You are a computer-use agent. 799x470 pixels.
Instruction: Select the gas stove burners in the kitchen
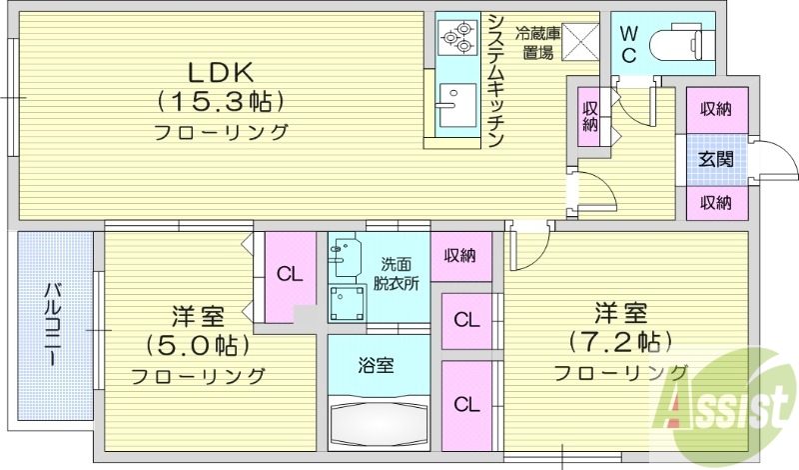pyautogui.click(x=457, y=37)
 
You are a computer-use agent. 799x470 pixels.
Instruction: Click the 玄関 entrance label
pyautogui.click(x=715, y=158)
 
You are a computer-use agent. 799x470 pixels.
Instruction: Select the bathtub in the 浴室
pyautogui.click(x=379, y=419)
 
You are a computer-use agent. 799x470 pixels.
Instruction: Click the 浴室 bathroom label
pyautogui.click(x=377, y=364)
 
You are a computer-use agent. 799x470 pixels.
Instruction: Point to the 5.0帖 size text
pyautogui.click(x=197, y=346)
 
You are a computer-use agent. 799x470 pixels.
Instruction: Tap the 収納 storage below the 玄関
pyautogui.click(x=715, y=202)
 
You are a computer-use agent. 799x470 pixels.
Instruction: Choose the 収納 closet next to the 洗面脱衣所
pyautogui.click(x=460, y=255)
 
